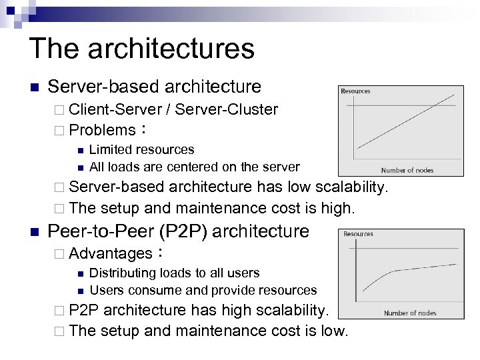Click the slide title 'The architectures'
pos(141,49)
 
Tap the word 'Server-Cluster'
pos(230,109)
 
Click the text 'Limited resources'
pos(142,149)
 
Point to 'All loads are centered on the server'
pos(195,166)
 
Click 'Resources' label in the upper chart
pos(355,91)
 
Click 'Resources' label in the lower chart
pos(358,234)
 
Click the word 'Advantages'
pos(110,253)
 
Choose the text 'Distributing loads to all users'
pos(175,273)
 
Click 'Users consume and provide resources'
pos(203,289)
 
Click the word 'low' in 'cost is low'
pos(330,330)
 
